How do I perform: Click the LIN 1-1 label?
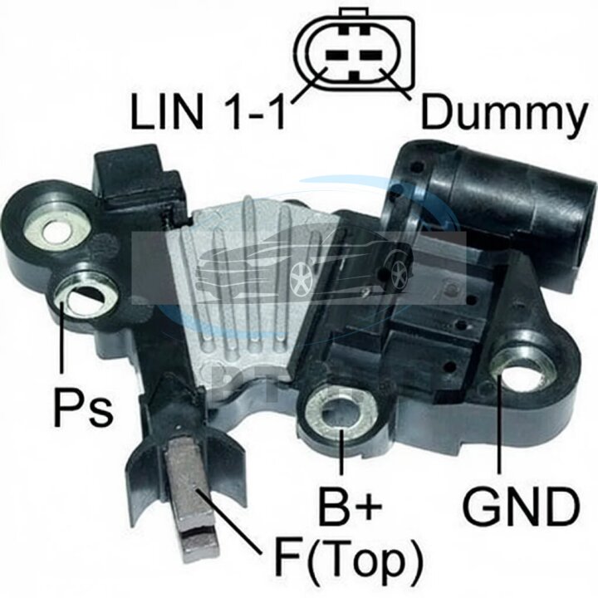208,111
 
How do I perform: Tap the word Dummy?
504,113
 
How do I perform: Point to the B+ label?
350,506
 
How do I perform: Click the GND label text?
522,507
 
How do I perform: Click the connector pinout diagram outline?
354,50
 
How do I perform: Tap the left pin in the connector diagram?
336,55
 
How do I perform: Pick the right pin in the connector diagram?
372,55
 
